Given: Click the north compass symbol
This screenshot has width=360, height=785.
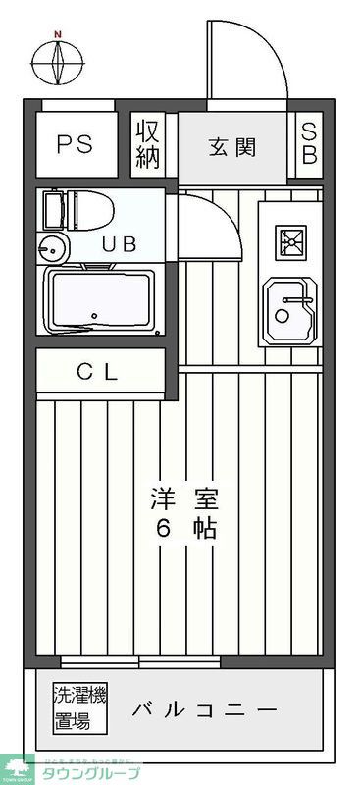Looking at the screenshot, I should pyautogui.click(x=58, y=62).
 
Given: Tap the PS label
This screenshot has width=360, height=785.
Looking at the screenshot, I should pyautogui.click(x=74, y=144).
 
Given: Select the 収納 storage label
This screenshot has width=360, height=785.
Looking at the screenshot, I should pyautogui.click(x=147, y=144).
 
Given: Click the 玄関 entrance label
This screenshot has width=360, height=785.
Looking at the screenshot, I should pyautogui.click(x=232, y=147).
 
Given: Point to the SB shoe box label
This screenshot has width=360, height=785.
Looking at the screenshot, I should pyautogui.click(x=309, y=144).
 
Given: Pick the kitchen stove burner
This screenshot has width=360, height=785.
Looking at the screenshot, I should pyautogui.click(x=289, y=239).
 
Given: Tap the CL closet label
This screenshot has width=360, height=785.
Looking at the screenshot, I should pyautogui.click(x=98, y=372).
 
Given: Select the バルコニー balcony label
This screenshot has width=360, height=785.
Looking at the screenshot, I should pyautogui.click(x=205, y=710).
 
